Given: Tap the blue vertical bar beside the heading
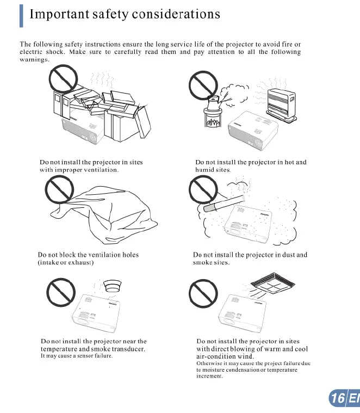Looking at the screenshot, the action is point(21,15).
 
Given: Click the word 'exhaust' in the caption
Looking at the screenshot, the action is point(79,262).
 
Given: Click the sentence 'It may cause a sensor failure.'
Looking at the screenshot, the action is point(77,356).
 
